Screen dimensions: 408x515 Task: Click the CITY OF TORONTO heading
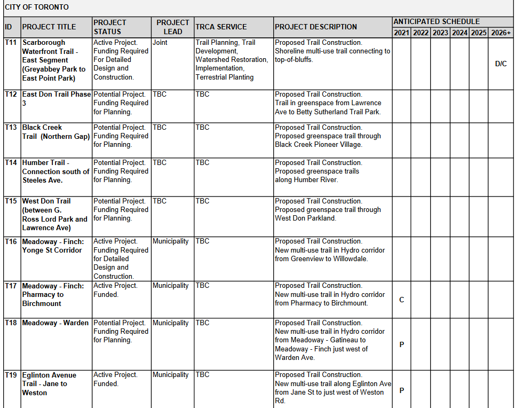pos(37,7)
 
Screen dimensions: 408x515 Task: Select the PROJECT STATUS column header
pos(110,27)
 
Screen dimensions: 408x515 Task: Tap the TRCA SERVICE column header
pos(221,27)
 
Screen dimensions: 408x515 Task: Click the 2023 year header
pos(440,33)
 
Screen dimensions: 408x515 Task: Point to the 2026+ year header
pos(501,33)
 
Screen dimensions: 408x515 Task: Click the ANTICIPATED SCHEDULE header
pos(437,22)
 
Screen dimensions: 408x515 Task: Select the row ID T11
pos(11,43)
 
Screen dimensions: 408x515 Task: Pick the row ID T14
pos(11,163)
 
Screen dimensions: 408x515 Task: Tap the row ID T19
pos(11,375)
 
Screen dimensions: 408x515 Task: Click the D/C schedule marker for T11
pos(501,64)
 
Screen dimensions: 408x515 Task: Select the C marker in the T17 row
pos(402,300)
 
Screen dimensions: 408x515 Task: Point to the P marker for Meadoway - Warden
pos(402,344)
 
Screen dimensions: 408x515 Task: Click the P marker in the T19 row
pos(402,390)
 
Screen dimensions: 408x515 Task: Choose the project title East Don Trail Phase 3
pos(56,99)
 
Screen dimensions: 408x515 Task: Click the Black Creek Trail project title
pos(56,132)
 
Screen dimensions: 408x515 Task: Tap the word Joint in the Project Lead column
pos(160,43)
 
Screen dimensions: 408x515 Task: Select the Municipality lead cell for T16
pos(171,241)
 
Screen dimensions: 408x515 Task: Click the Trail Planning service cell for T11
pos(232,60)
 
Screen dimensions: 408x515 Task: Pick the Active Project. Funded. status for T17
pos(115,290)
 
